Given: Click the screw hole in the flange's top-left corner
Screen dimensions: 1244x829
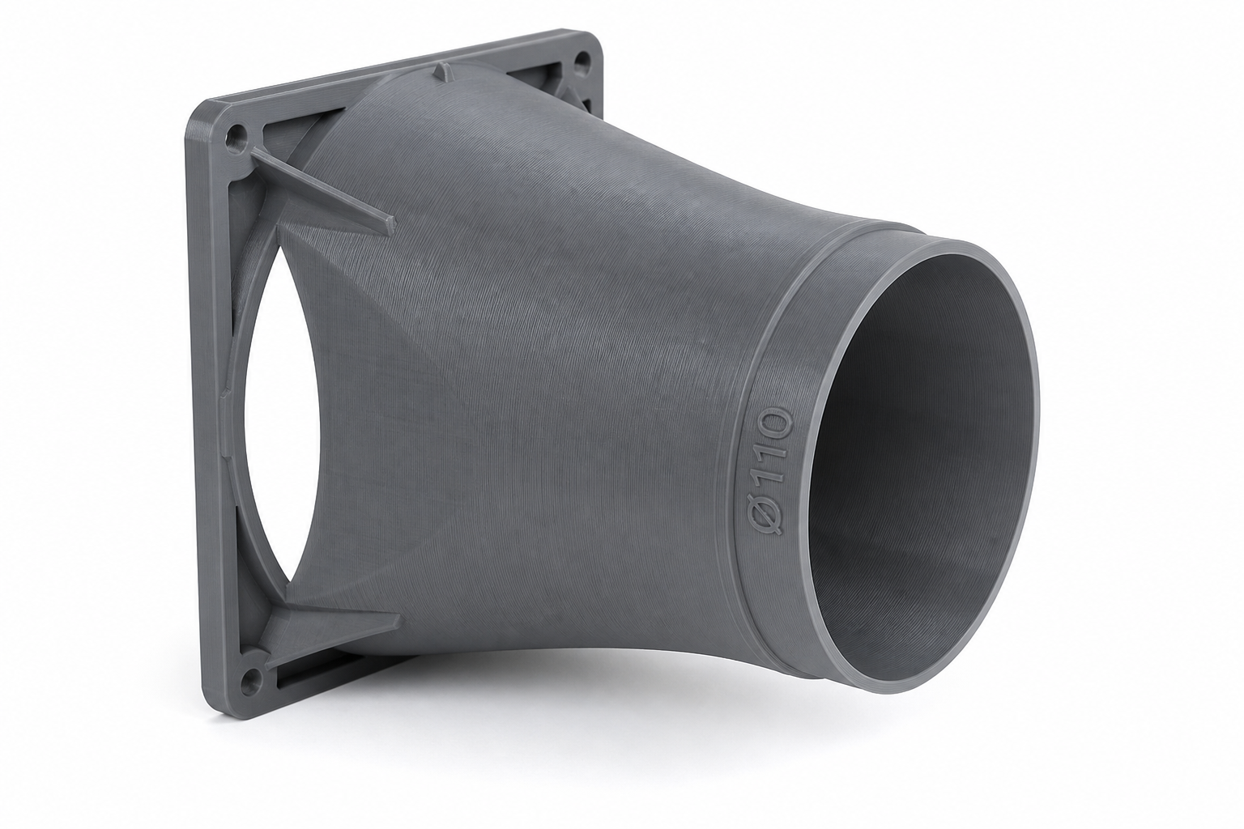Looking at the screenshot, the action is [x=236, y=134].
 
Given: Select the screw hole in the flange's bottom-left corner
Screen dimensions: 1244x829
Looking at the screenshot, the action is [x=251, y=678].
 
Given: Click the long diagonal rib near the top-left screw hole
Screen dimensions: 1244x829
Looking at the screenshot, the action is [x=322, y=187].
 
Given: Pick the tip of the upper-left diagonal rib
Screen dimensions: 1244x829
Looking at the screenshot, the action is [x=393, y=223].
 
